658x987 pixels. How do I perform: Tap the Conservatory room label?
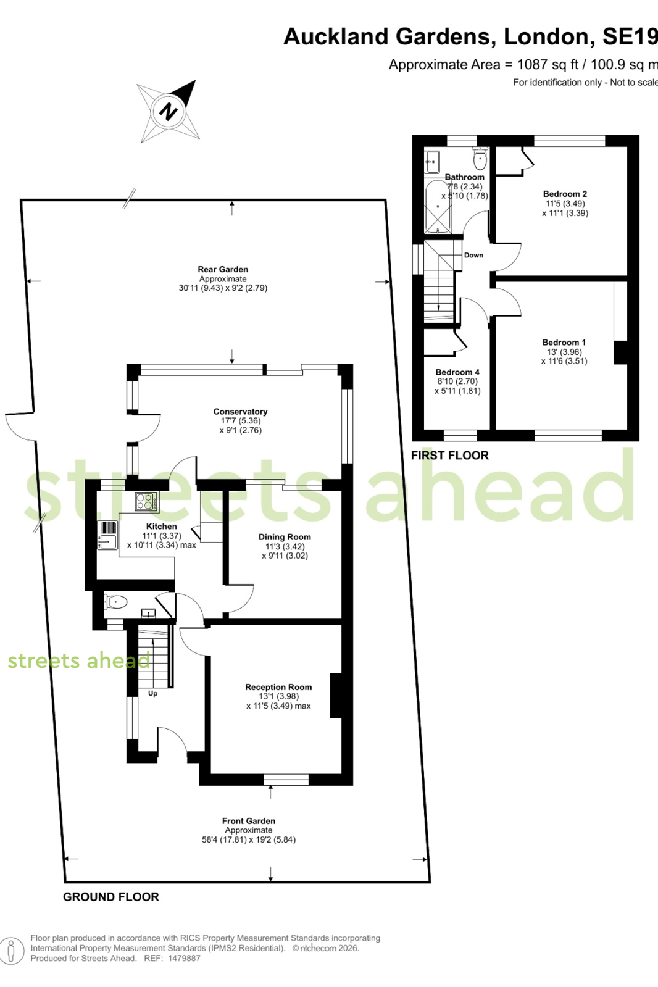[x=240, y=412]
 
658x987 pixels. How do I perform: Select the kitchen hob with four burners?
[x=147, y=501]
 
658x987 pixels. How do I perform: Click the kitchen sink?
[x=107, y=541]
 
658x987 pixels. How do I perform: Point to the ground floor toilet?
[x=116, y=601]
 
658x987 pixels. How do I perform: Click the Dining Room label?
[x=285, y=536]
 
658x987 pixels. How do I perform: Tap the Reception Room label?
[x=278, y=687]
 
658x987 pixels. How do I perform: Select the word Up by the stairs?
[x=152, y=693]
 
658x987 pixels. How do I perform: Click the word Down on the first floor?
[x=473, y=255]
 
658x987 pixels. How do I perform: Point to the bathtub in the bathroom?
[x=438, y=207]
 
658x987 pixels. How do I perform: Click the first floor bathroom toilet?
[x=480, y=157]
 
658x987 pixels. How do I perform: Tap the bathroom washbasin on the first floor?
[x=432, y=162]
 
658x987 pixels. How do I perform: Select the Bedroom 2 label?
[x=565, y=194]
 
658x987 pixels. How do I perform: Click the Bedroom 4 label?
[x=457, y=372]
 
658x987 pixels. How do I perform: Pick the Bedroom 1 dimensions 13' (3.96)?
[x=564, y=352]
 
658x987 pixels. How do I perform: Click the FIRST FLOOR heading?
[x=450, y=456]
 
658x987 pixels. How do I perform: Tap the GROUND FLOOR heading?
[x=111, y=897]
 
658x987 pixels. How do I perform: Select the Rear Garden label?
[x=223, y=269]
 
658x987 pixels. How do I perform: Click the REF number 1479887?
[x=183, y=959]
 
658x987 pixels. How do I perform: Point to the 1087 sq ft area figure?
[x=548, y=65]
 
